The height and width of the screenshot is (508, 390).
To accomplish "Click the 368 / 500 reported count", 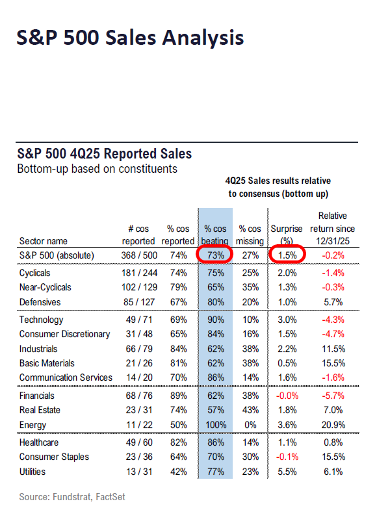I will point(137,255).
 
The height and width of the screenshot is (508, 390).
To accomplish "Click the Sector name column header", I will point(43,241).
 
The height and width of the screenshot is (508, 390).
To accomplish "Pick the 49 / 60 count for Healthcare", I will point(138,443).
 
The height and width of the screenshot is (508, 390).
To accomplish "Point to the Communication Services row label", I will point(66,377).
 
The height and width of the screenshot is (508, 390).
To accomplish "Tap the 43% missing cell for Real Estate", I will point(250,410).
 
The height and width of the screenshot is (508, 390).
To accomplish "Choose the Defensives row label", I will point(40,301).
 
